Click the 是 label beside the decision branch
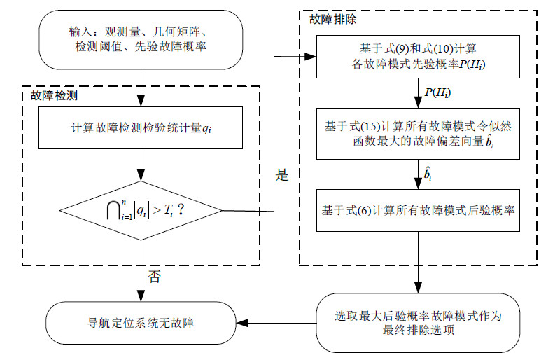point(282,175)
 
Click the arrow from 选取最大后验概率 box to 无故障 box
point(280,323)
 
